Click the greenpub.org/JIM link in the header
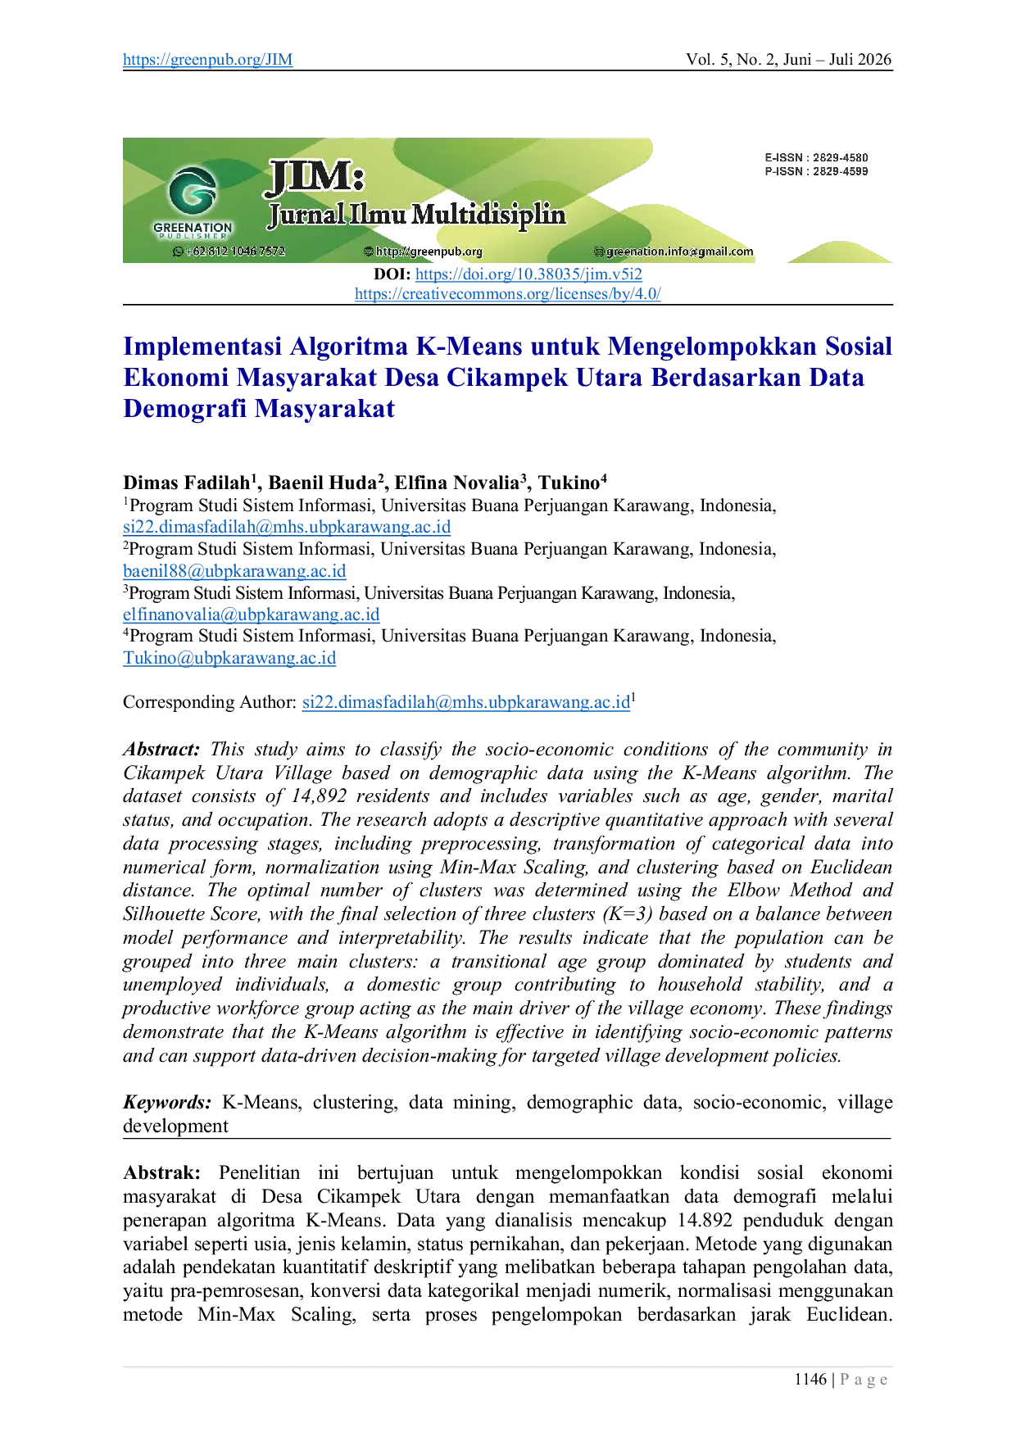click(x=207, y=59)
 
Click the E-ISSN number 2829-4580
click(x=840, y=157)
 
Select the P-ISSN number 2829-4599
click(x=840, y=171)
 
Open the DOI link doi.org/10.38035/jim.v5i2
click(x=528, y=274)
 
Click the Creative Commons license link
click(x=508, y=293)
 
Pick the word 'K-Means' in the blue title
click(x=469, y=347)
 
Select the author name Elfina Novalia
click(x=457, y=483)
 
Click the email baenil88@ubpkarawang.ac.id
click(x=234, y=571)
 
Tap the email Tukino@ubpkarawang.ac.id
click(x=229, y=658)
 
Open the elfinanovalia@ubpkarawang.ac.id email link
click(x=252, y=614)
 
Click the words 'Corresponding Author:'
click(x=210, y=702)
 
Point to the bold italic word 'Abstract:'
click(x=161, y=749)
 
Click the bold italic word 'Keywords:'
click(x=167, y=1103)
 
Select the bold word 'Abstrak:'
click(x=161, y=1172)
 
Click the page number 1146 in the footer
click(x=810, y=1380)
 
